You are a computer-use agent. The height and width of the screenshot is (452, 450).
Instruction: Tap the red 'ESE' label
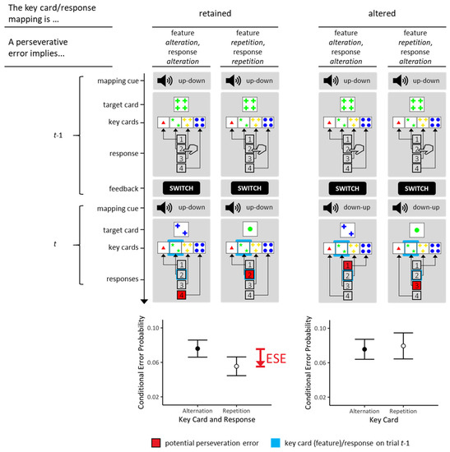pyautogui.click(x=284, y=357)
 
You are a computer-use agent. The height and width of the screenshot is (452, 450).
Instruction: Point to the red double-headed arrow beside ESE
pyautogui.click(x=260, y=357)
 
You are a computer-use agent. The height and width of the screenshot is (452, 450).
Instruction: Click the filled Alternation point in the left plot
pyautogui.click(x=197, y=349)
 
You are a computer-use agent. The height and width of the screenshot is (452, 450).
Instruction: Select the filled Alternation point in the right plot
pyautogui.click(x=364, y=349)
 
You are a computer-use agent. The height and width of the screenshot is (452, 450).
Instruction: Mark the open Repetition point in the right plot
pyautogui.click(x=402, y=345)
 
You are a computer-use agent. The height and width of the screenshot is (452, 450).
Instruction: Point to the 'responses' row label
pyautogui.click(x=128, y=279)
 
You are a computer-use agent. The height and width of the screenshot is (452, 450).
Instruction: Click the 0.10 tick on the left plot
pyautogui.click(x=165, y=328)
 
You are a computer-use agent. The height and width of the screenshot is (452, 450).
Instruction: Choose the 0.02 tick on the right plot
pyautogui.click(x=334, y=397)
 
